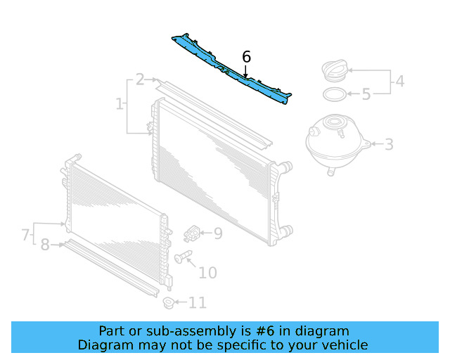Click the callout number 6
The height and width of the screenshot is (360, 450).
[x=246, y=57]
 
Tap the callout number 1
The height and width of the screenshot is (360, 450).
[x=119, y=104]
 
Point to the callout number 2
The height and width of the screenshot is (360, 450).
[x=140, y=79]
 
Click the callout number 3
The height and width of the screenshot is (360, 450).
[x=389, y=145]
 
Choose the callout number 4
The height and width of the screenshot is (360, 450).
[x=399, y=82]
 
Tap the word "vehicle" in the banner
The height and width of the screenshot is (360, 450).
[x=344, y=345]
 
